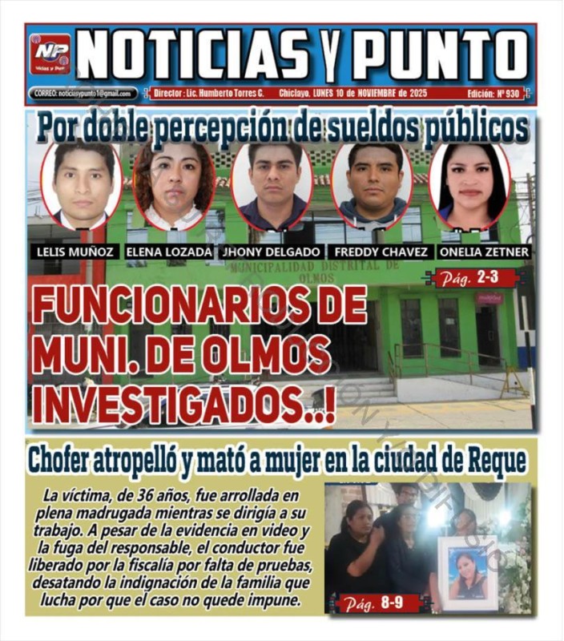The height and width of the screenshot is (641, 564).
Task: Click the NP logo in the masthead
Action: pos(50,54)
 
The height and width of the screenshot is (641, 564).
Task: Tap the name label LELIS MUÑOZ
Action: pos(75,252)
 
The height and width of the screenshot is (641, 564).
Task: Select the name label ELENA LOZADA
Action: pos(169,252)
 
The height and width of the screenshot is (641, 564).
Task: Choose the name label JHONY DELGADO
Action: pos(271,252)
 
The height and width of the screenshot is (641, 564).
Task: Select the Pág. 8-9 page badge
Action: pos(379,603)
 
